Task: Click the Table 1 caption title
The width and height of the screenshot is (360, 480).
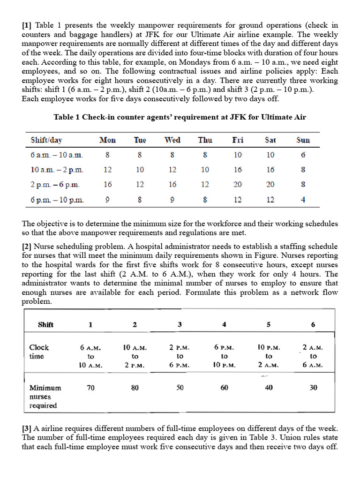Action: [180, 117]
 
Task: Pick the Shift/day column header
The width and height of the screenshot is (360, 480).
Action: [46, 140]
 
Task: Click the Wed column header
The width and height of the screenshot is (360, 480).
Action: [172, 140]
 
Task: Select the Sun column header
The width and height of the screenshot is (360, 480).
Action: [303, 140]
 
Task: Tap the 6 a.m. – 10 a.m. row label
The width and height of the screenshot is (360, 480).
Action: [56, 155]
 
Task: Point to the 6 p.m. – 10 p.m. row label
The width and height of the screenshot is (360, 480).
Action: [57, 200]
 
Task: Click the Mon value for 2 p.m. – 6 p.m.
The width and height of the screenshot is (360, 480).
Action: [108, 185]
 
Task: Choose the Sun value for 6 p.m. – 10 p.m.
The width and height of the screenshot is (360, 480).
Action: [303, 200]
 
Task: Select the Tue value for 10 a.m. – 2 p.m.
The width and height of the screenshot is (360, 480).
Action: [140, 170]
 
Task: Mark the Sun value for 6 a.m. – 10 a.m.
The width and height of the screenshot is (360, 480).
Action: [303, 155]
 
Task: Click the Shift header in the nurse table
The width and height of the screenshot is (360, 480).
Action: [45, 324]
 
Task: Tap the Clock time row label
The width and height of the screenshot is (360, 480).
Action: [39, 352]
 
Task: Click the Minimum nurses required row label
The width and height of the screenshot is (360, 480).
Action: [45, 397]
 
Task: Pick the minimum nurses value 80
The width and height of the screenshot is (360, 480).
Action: [135, 388]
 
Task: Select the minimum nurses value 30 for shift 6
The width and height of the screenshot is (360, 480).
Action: [313, 388]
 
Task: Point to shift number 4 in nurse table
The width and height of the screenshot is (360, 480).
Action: [224, 324]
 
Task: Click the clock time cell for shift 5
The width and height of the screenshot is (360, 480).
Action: [269, 356]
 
